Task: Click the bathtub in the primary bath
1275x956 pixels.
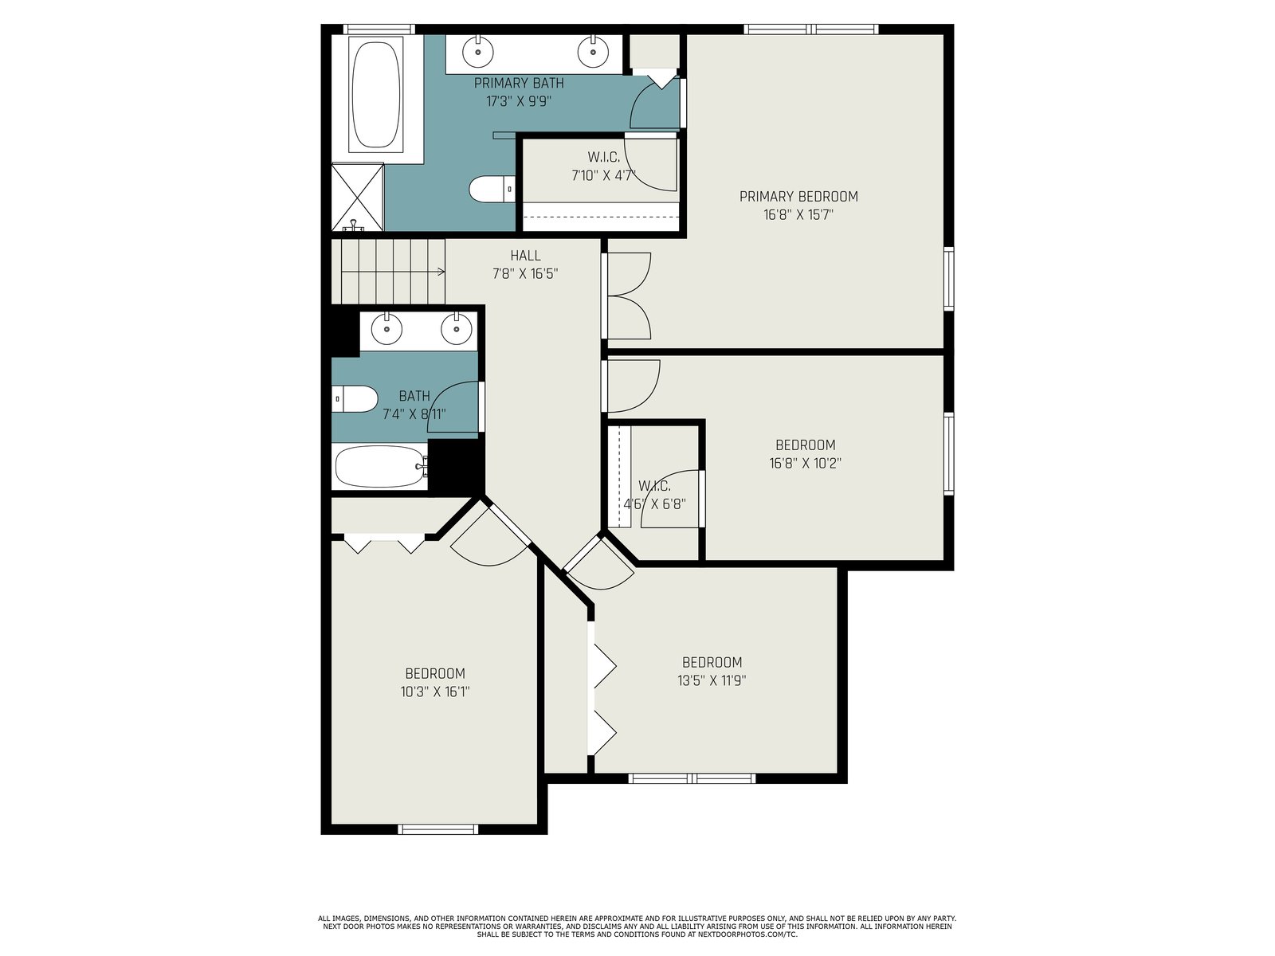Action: pos(376,95)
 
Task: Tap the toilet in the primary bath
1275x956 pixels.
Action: pos(492,190)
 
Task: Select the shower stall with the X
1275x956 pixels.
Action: pos(357,198)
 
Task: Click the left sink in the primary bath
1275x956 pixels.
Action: pos(478,51)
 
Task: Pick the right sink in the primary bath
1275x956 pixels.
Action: pos(593,51)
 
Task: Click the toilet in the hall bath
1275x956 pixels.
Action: pos(355,399)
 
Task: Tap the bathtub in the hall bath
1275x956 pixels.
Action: pos(382,466)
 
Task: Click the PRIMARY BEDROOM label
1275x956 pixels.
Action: pos(798,197)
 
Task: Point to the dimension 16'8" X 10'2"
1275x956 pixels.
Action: pos(805,463)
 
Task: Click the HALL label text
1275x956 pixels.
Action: pos(525,256)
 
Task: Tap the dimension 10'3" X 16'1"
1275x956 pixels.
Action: pos(435,692)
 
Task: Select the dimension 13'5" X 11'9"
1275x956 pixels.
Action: pos(712,680)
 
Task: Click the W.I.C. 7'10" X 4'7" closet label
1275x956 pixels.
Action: pos(603,166)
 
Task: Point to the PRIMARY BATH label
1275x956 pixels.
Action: pos(519,83)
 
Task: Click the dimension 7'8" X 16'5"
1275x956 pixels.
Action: pos(525,273)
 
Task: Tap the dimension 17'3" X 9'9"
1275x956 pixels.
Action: pos(519,102)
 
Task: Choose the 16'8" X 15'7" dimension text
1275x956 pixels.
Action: pos(798,215)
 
